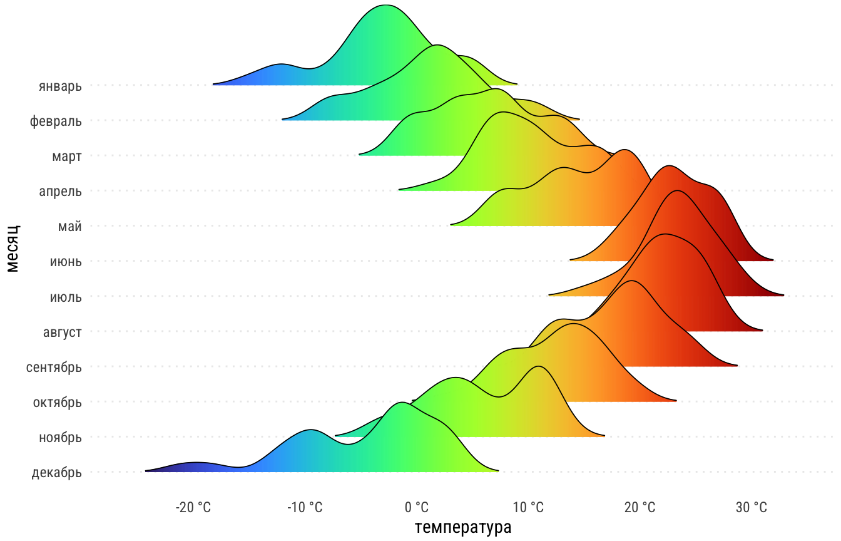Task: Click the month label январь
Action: [60, 86]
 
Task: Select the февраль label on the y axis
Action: [56, 121]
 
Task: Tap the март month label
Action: [67, 156]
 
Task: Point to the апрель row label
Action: [60, 191]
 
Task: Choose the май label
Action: [70, 227]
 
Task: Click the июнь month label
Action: [66, 262]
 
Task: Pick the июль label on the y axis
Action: [66, 297]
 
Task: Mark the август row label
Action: [62, 332]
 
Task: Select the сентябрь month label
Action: [54, 367]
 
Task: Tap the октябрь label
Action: [57, 402]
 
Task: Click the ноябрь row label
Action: [60, 438]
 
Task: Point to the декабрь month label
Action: [56, 473]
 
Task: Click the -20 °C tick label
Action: [193, 507]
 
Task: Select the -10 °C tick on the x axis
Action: [305, 507]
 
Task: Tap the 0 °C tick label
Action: [417, 507]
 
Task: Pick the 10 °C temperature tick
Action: [528, 507]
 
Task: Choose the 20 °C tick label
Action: [640, 507]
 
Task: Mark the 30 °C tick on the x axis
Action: [751, 507]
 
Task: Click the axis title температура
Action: [463, 527]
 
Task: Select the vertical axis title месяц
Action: [13, 249]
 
